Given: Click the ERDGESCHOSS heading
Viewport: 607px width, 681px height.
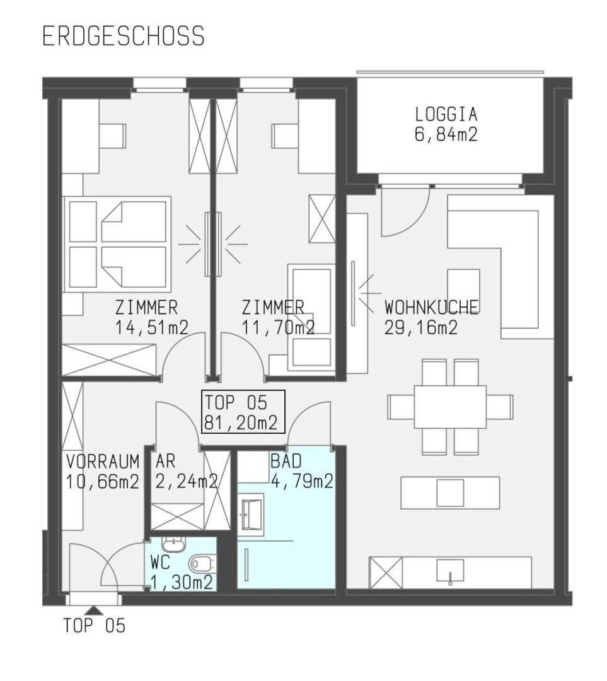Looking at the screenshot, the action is coord(124,36).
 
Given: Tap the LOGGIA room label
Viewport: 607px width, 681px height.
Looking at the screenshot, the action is coord(446,115).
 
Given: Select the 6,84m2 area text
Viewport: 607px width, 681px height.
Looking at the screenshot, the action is coord(446,134).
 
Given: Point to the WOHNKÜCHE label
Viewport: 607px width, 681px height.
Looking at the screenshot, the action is coord(432,307).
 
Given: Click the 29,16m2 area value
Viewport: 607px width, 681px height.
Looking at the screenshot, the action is coord(421,327).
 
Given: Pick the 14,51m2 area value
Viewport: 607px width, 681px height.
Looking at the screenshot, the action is coord(151,327).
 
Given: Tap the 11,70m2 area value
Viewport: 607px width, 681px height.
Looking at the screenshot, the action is coord(278,327).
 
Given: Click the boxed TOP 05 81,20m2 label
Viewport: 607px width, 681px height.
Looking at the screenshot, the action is coord(243,412).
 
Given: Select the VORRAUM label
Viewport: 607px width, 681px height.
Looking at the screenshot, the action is coord(103,461).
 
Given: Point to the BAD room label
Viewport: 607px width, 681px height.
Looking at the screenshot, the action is coord(286,461).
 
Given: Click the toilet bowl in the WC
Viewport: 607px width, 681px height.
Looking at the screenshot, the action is coord(200,564).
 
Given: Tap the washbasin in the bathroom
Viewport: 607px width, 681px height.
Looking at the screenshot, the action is coord(251,515).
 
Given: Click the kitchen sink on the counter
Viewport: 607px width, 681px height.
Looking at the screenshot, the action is coord(450,570).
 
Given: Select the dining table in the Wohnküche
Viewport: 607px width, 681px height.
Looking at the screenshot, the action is coord(450,407).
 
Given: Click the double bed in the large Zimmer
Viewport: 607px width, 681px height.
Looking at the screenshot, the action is coord(117,244).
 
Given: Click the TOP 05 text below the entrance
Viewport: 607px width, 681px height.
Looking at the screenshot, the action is coord(94,626).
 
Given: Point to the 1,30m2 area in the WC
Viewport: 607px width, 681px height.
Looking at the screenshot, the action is coord(182,583).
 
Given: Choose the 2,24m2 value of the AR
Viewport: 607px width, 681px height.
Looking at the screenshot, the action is coord(187,481).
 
